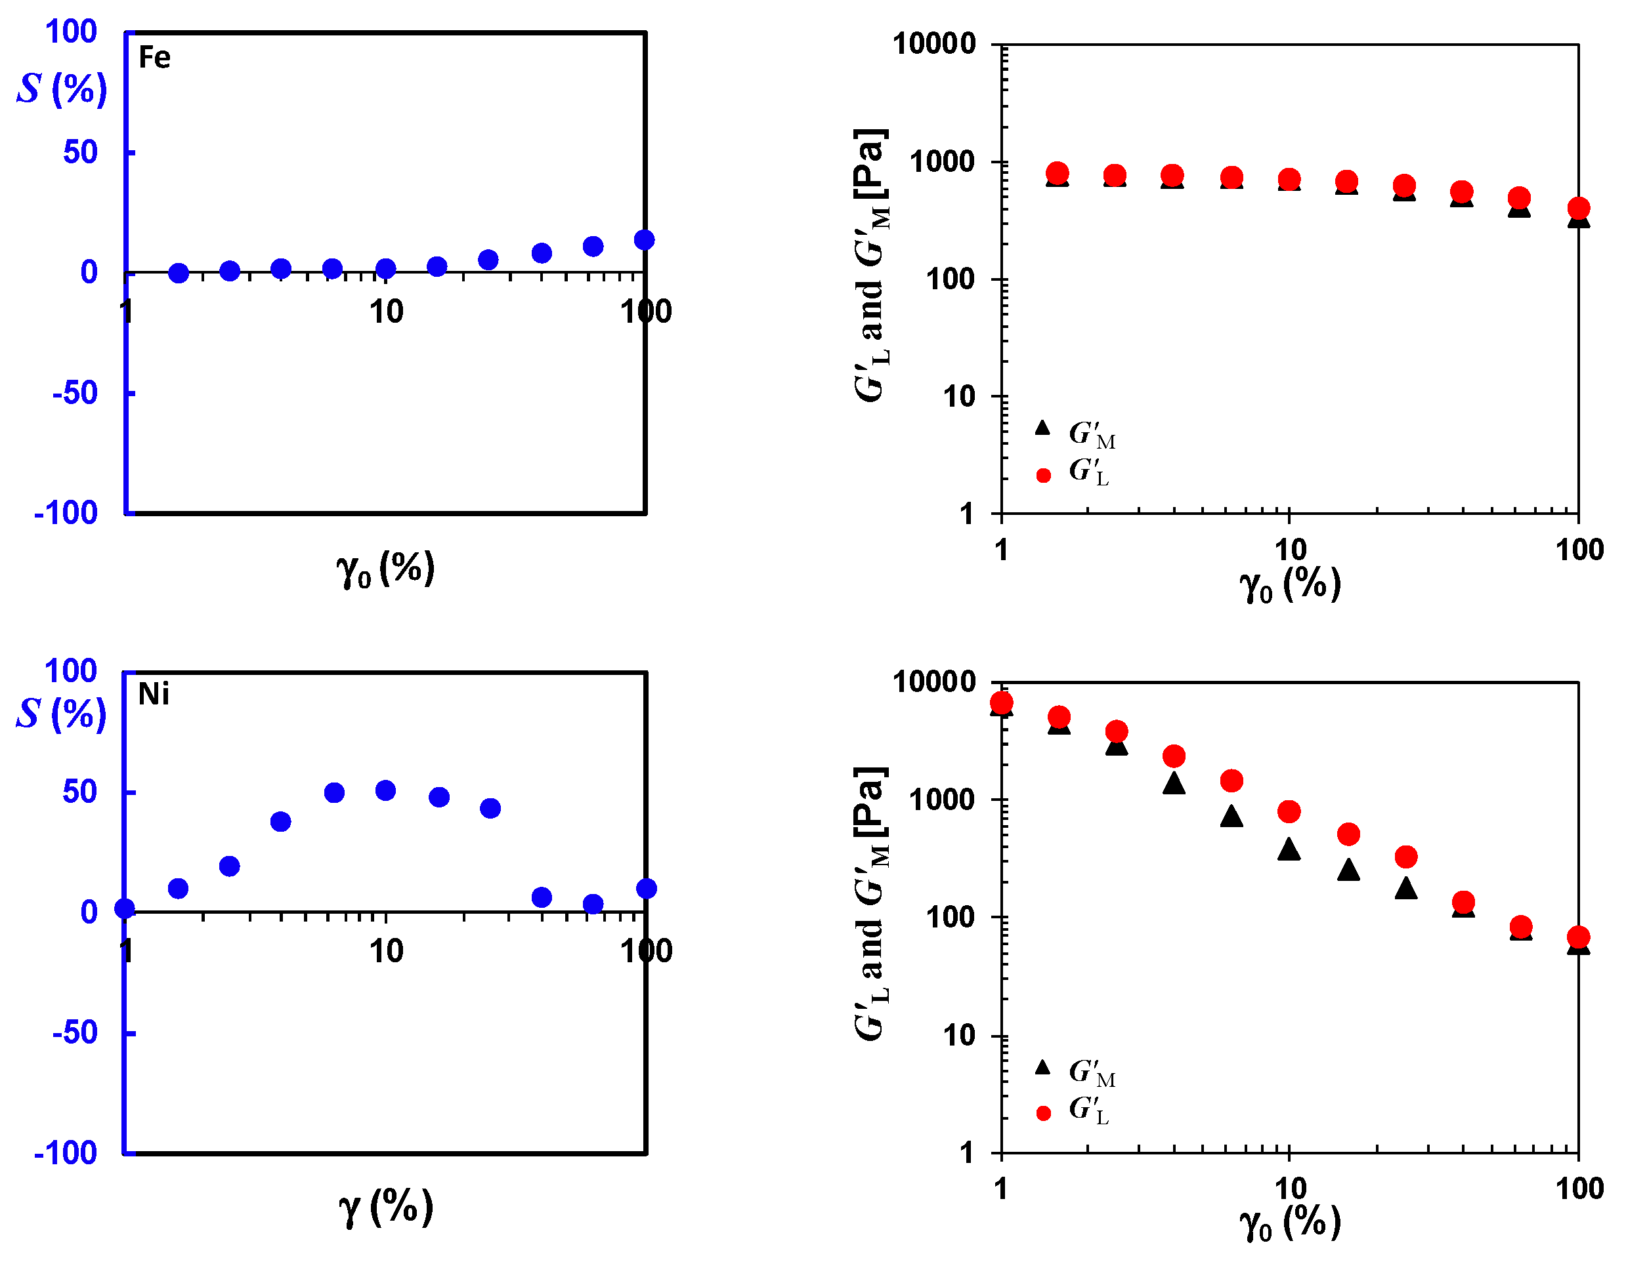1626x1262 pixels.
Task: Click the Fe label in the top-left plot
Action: tap(155, 57)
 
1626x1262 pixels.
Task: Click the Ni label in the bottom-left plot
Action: tap(154, 694)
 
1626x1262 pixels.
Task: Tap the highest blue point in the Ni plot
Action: tap(385, 790)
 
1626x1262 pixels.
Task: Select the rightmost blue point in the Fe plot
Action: tap(644, 239)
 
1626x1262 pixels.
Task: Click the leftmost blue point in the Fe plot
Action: tap(179, 273)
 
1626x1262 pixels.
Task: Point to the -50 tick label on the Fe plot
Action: tap(74, 393)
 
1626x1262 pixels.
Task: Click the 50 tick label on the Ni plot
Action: tap(79, 792)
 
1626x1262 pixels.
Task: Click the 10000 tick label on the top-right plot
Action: tap(934, 44)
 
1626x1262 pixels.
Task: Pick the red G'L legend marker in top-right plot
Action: tap(1043, 476)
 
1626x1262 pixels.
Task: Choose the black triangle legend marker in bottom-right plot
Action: tap(1042, 1068)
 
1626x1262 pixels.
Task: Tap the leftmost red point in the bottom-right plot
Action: tap(1001, 703)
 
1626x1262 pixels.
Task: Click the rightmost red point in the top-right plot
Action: tap(1578, 209)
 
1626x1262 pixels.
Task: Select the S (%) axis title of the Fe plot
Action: tap(62, 89)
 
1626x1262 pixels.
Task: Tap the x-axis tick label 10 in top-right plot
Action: tap(1290, 550)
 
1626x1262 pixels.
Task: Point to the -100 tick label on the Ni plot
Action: tap(66, 1152)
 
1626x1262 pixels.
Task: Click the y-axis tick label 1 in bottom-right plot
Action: tap(966, 1152)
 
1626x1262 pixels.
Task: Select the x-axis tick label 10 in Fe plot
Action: tap(387, 312)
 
